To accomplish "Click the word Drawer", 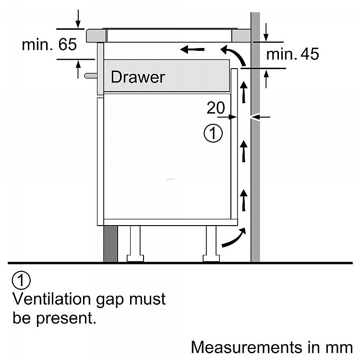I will pos(138,77).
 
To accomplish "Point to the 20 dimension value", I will pos(216,108).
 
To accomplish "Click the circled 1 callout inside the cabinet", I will pos(213,133).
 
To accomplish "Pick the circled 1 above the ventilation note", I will pos(21,280).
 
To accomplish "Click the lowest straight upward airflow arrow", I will pos(244,200).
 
